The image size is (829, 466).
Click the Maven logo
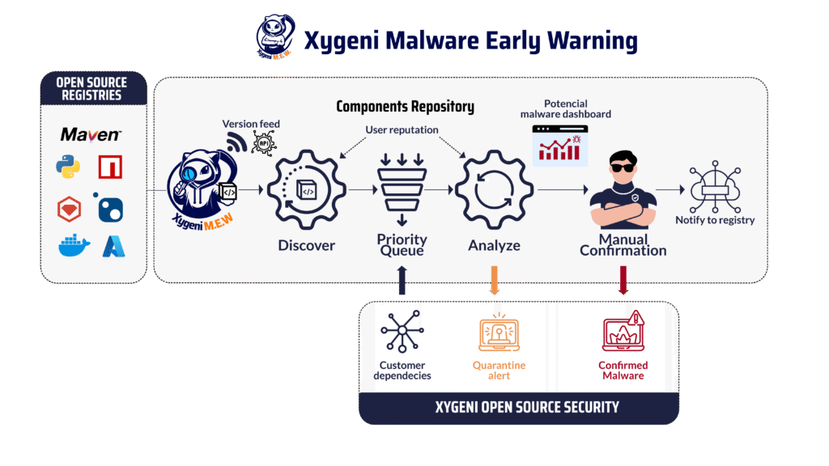coord(91,135)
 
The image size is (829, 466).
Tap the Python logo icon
coord(68,167)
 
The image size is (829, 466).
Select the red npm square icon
coord(110,167)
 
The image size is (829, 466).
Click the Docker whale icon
coord(74,246)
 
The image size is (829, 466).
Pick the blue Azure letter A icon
coord(113,246)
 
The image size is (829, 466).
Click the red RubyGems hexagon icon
coord(70,210)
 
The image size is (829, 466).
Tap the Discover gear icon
coord(307,189)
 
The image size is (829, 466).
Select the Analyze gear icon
coord(495,189)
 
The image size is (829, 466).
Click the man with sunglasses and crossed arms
coord(623,190)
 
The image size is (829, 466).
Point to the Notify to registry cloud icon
coord(715,187)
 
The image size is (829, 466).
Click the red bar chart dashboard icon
coord(560,146)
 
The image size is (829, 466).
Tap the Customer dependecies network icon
coord(402,331)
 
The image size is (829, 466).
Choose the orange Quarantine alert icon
coord(499,332)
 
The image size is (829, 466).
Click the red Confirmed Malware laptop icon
coord(623,331)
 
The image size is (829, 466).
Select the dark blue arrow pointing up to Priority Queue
coord(402,280)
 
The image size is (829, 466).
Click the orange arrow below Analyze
coord(495,280)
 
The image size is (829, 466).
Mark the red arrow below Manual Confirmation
coord(623,280)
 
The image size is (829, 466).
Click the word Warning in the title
coord(592,41)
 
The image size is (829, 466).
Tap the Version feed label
coord(251,124)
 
